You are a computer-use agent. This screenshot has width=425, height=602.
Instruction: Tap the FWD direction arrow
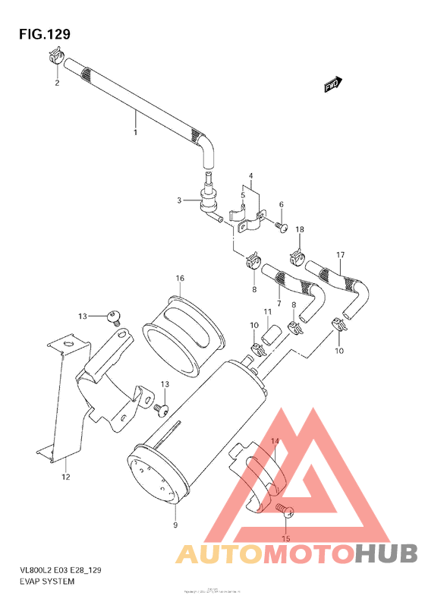(x=332, y=84)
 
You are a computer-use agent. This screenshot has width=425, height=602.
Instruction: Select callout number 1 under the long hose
(x=136, y=134)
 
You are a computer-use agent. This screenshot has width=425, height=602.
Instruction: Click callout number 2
(x=56, y=83)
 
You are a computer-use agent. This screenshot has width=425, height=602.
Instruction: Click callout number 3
(x=180, y=200)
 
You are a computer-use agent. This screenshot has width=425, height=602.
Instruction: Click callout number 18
(x=300, y=229)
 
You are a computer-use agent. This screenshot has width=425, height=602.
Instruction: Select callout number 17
(x=341, y=254)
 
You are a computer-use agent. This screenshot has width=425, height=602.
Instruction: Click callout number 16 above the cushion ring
(x=179, y=279)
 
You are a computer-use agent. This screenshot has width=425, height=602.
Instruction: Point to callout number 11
(x=268, y=312)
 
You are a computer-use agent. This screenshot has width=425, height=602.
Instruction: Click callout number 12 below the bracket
(x=65, y=478)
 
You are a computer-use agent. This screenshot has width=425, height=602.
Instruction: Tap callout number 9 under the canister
(x=175, y=525)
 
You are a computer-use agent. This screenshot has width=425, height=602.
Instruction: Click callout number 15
(x=286, y=539)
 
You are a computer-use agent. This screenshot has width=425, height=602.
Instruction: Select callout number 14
(x=274, y=441)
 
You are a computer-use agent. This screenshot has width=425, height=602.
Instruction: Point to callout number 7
(x=279, y=304)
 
